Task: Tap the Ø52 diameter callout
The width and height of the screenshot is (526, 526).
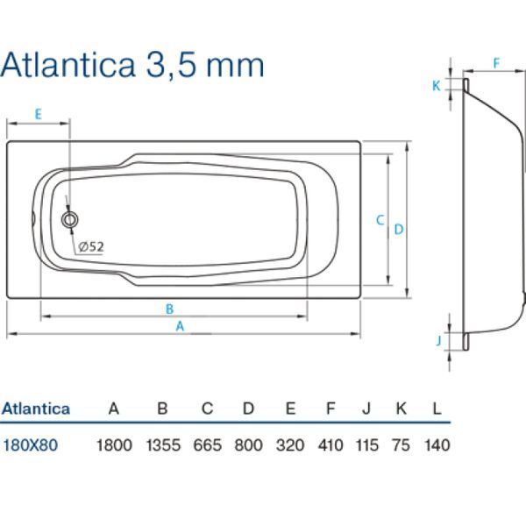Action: pos(91,247)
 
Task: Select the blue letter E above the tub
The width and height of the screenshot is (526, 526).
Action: pos(39,114)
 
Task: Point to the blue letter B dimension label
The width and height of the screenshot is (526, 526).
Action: pos(170,309)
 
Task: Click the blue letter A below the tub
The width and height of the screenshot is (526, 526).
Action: pos(180,326)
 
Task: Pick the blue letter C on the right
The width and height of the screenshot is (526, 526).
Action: pos(380,220)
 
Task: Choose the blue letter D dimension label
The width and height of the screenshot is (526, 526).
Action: pos(399,230)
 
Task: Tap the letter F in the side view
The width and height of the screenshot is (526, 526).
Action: pos(496,63)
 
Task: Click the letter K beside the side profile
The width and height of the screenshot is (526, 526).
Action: pos(436,86)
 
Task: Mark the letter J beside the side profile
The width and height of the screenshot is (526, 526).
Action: pos(438,341)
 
